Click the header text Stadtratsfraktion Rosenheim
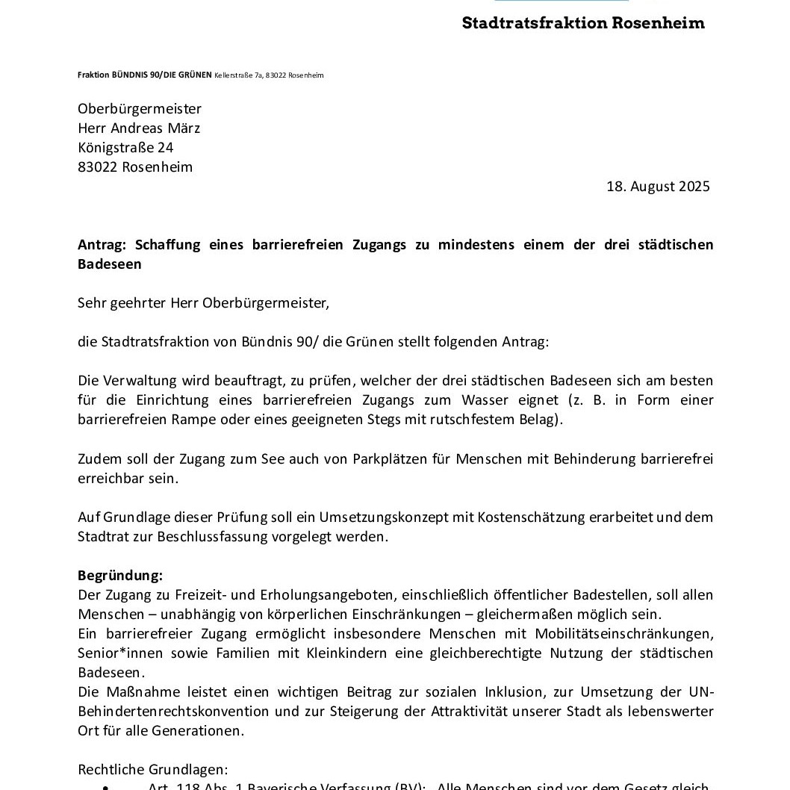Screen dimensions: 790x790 point(583,22)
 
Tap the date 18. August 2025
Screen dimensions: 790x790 point(658,187)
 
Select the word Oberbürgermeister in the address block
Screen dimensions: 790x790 point(140,109)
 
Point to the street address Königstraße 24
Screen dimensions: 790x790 point(125,148)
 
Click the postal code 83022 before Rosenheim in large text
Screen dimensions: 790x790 point(97,167)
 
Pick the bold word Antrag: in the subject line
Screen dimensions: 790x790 point(103,245)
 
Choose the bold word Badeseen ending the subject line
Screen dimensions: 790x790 point(110,264)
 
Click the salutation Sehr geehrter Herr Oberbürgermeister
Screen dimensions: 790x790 point(203,303)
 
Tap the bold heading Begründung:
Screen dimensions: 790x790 point(120,576)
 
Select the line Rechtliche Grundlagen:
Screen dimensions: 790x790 point(153,769)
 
